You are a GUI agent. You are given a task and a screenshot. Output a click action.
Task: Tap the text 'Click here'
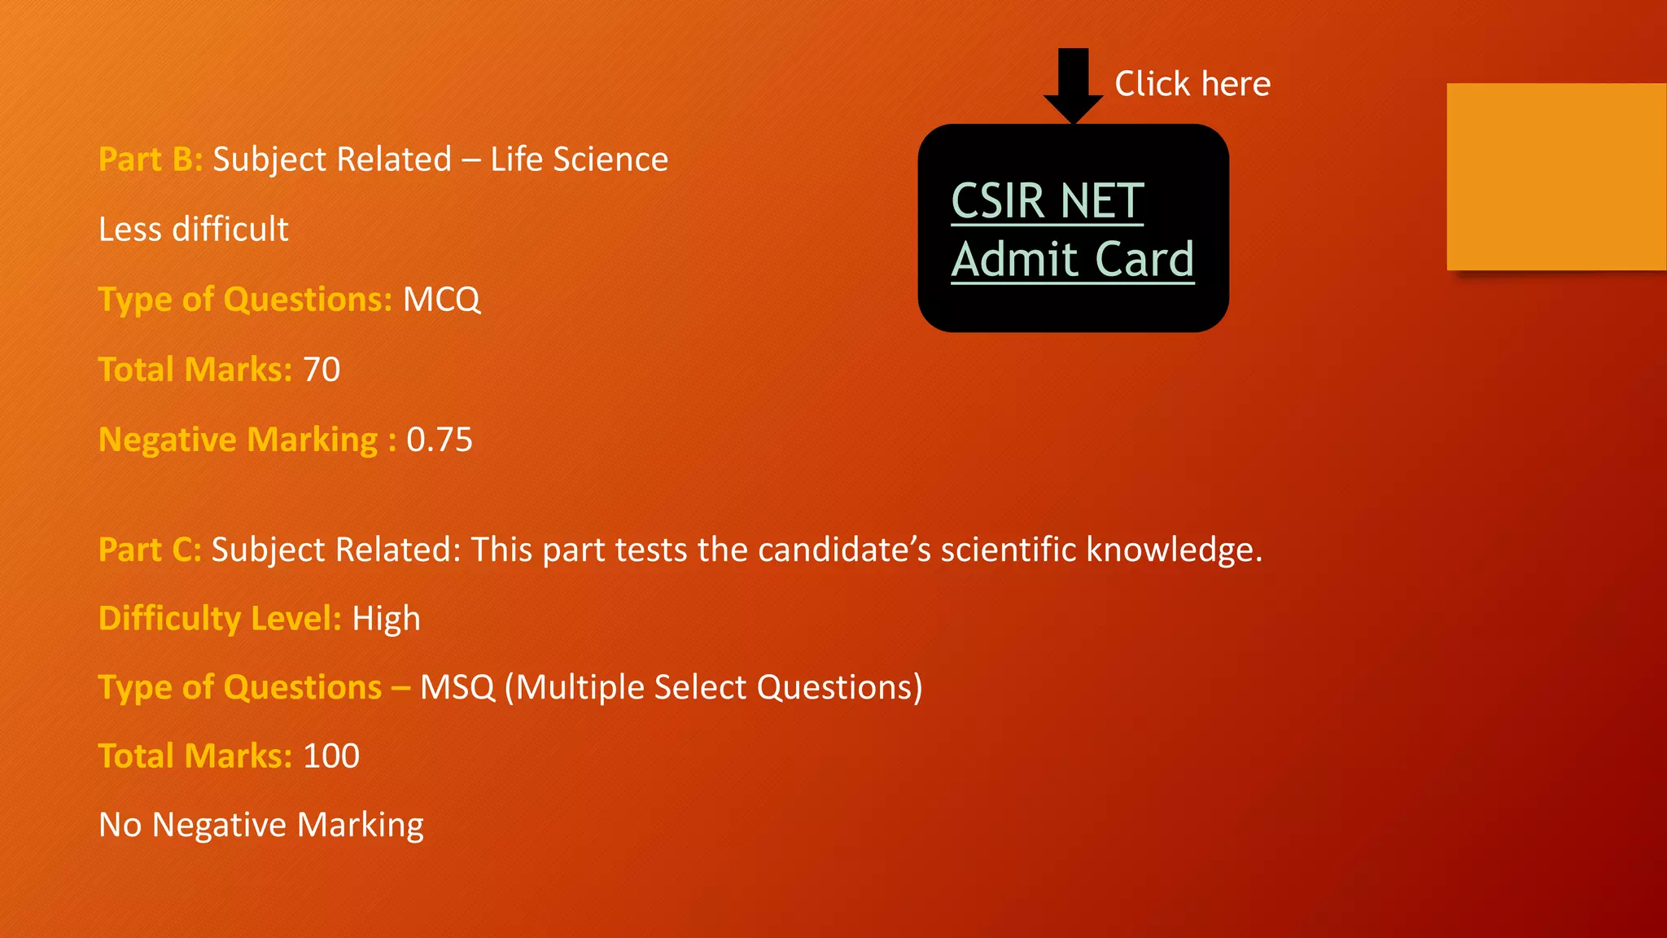(x=1192, y=84)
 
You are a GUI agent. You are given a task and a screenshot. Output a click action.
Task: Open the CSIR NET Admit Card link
(x=1072, y=230)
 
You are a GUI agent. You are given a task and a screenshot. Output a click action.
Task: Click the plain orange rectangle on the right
(x=1556, y=177)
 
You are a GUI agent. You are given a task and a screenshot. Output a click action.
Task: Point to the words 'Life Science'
(x=579, y=160)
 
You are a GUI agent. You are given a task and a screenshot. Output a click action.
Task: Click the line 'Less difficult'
(x=194, y=230)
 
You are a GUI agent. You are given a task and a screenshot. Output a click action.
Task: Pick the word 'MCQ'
(x=441, y=300)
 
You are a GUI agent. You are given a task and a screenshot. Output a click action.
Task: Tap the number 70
(x=322, y=370)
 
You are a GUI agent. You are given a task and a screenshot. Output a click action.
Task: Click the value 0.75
(x=440, y=440)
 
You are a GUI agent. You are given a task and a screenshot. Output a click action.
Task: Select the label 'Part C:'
(x=150, y=550)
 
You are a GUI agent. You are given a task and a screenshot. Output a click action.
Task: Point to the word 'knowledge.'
(x=1174, y=550)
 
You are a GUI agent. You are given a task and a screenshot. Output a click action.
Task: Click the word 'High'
(x=386, y=619)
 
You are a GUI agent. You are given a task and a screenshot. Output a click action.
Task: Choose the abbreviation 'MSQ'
(x=457, y=687)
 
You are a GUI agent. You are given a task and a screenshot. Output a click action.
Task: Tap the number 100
(x=331, y=756)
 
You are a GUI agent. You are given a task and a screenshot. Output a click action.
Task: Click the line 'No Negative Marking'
(x=261, y=825)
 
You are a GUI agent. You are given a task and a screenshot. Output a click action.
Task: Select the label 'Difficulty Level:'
(x=220, y=619)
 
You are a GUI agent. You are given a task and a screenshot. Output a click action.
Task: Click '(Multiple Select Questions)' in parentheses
(x=713, y=687)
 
